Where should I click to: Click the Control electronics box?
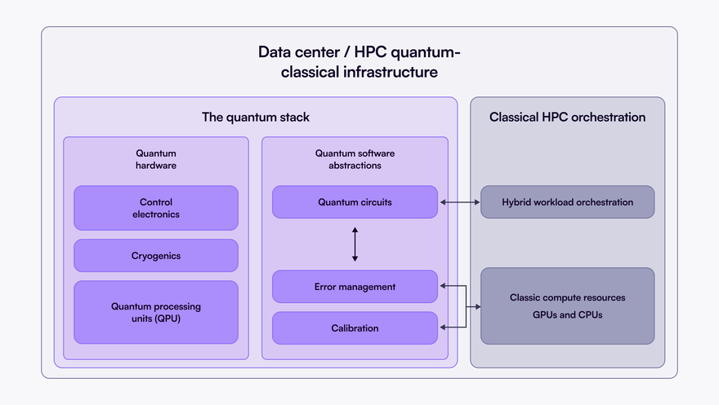click(155, 208)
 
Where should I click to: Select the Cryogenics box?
click(155, 256)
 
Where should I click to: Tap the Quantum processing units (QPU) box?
click(155, 312)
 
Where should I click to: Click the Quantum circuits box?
click(355, 202)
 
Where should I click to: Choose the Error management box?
click(355, 287)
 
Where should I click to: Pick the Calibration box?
click(355, 328)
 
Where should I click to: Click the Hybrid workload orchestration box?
click(567, 202)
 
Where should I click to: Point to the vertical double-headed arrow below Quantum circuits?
click(355, 244)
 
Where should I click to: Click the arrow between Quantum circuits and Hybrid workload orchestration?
click(459, 202)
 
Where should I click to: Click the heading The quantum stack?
click(256, 117)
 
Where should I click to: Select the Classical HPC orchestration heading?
click(567, 117)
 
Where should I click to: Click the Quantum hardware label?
click(155, 159)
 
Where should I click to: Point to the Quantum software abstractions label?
click(355, 159)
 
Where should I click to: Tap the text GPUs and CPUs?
click(567, 314)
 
